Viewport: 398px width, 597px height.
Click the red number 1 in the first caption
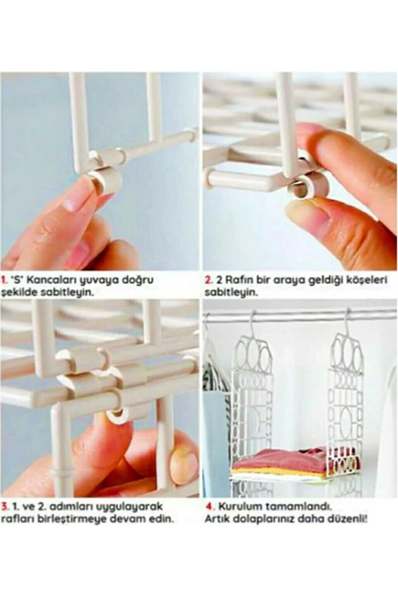pos(4,280)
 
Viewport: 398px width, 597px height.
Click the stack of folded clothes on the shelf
pos(285,458)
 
